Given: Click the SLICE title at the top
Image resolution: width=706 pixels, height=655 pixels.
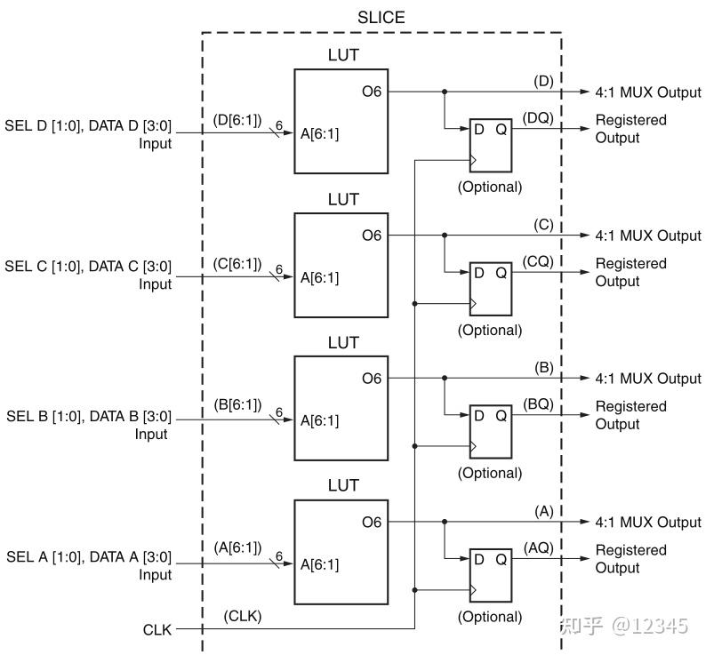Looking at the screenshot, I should click(x=381, y=16).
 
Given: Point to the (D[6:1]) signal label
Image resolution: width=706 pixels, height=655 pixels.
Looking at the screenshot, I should click(x=237, y=118).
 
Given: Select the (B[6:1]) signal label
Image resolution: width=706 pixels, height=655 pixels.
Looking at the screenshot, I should click(x=237, y=404).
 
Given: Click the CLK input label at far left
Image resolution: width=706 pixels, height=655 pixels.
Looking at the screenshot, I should click(x=158, y=629).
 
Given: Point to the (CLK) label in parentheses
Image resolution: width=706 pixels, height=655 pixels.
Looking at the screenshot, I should click(x=242, y=616).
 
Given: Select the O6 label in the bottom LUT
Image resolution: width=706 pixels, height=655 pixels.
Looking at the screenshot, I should click(x=371, y=522).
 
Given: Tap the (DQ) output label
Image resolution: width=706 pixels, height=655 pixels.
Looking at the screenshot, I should click(x=538, y=117).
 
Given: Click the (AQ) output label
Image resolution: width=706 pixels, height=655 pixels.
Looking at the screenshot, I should click(x=538, y=547).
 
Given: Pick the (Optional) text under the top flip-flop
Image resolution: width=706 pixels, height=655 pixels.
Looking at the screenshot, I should click(x=490, y=187).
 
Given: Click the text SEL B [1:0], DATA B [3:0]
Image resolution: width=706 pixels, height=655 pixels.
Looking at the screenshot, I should click(x=88, y=416).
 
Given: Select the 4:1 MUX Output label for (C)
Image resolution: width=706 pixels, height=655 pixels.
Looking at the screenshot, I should click(x=648, y=236).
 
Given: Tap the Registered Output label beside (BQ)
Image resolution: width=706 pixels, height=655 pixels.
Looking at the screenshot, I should click(x=630, y=415).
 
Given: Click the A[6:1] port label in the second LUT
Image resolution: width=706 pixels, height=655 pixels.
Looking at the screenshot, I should click(x=319, y=277).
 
